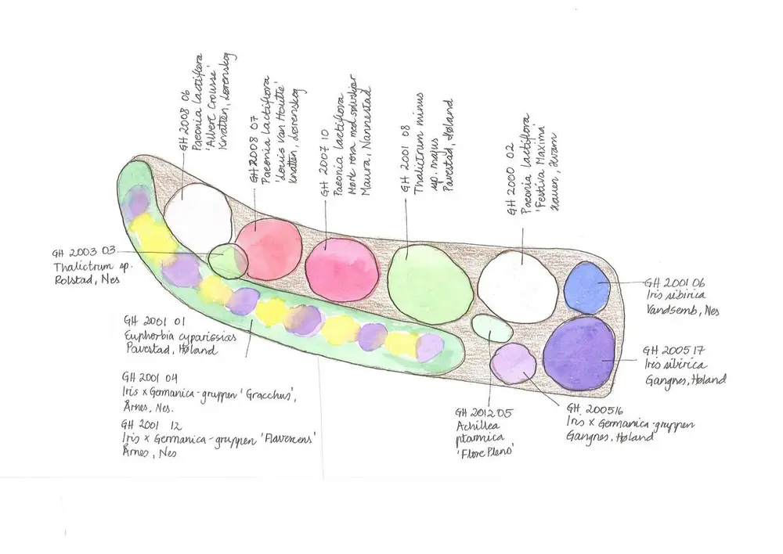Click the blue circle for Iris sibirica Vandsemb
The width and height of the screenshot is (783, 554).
[586, 287]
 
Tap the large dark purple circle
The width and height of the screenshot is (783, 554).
[579, 352]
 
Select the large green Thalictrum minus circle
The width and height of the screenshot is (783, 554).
[430, 284]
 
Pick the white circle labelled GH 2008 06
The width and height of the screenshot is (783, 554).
[198, 217]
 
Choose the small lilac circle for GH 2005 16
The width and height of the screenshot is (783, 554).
[514, 364]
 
